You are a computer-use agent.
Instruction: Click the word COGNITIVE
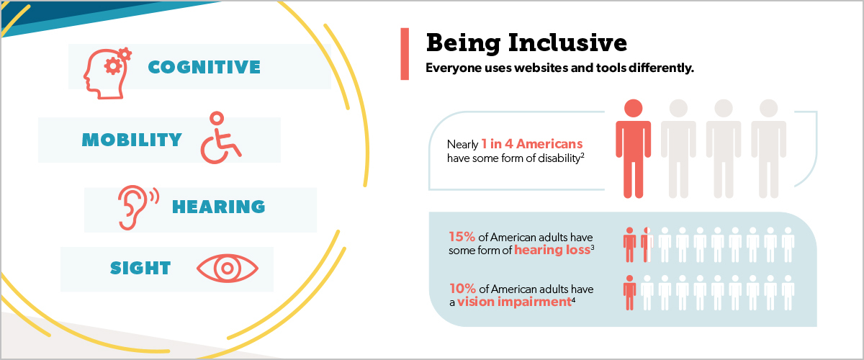pos(204,67)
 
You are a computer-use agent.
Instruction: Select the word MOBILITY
pos(132,140)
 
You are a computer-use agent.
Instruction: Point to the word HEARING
pos(219,207)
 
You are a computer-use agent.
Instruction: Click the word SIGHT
pos(140,268)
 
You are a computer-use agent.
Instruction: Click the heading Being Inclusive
pos(526,42)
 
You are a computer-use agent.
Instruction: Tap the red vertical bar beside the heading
pos(405,53)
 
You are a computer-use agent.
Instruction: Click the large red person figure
pos(634,148)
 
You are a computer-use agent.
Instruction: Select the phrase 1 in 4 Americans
pos(532,144)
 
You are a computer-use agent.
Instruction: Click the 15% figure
pos(462,237)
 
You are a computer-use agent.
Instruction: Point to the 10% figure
pos(462,289)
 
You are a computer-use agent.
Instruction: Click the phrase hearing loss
pos(552,250)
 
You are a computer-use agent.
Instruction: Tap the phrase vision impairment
pos(514,302)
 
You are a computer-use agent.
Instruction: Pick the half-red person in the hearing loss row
pos(647,245)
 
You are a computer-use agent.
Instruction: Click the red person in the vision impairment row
pos(629,292)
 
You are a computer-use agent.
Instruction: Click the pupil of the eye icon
pos(228,268)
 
